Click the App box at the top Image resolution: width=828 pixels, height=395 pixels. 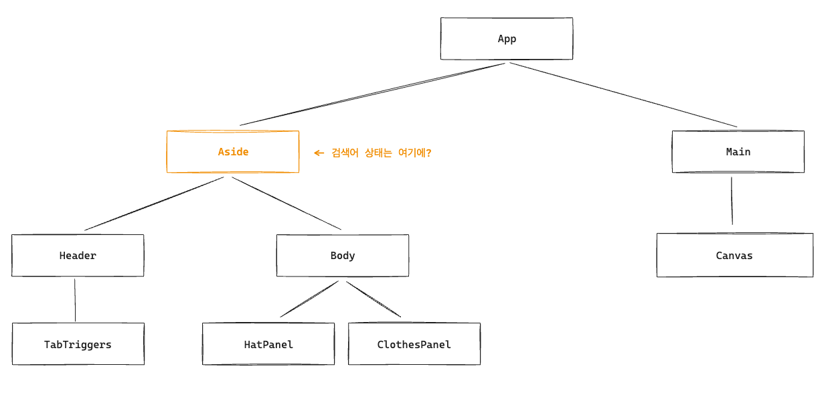coord(507,38)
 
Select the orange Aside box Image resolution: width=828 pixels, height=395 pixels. coord(233,151)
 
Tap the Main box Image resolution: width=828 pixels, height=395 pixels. coord(738,151)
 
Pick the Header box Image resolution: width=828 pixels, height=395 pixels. coord(78,256)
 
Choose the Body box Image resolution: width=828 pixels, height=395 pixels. coord(343,256)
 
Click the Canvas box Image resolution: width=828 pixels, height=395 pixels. coord(735,255)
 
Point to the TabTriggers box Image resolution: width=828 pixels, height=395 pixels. coord(78,344)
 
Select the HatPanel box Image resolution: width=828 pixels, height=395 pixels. coord(268,344)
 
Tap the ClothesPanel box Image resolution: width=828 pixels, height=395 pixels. coord(414,344)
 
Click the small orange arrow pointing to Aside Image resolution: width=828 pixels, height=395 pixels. coord(319,153)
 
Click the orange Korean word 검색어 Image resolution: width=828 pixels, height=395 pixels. coord(345,153)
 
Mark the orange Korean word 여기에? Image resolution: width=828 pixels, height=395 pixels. coord(415,153)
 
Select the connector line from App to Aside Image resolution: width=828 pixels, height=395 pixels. coord(372,94)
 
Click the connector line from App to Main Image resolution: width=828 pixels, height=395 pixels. coord(623,94)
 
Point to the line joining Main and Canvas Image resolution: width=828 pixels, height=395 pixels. coord(732,201)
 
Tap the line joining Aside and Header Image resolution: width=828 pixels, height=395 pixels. coord(154,204)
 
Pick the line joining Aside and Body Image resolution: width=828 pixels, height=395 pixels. coord(286,204)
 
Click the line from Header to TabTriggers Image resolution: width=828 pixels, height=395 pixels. coord(75,300)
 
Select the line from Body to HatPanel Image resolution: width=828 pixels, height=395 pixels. coord(309,299)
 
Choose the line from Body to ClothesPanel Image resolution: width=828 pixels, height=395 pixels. coord(374,299)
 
